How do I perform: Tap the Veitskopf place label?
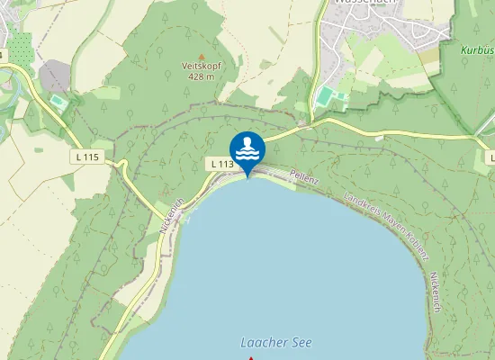[x=201, y=66]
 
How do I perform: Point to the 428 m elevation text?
[x=201, y=76]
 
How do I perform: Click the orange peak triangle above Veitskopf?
[x=201, y=55]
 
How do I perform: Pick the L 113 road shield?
[x=223, y=164]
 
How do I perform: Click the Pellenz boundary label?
[x=305, y=179]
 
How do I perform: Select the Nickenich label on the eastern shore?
[x=436, y=292]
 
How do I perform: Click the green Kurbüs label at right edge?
[x=477, y=51]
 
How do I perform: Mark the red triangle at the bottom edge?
[x=250, y=358]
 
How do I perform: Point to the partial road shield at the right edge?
[x=490, y=157]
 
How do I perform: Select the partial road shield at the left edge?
[x=3, y=56]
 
